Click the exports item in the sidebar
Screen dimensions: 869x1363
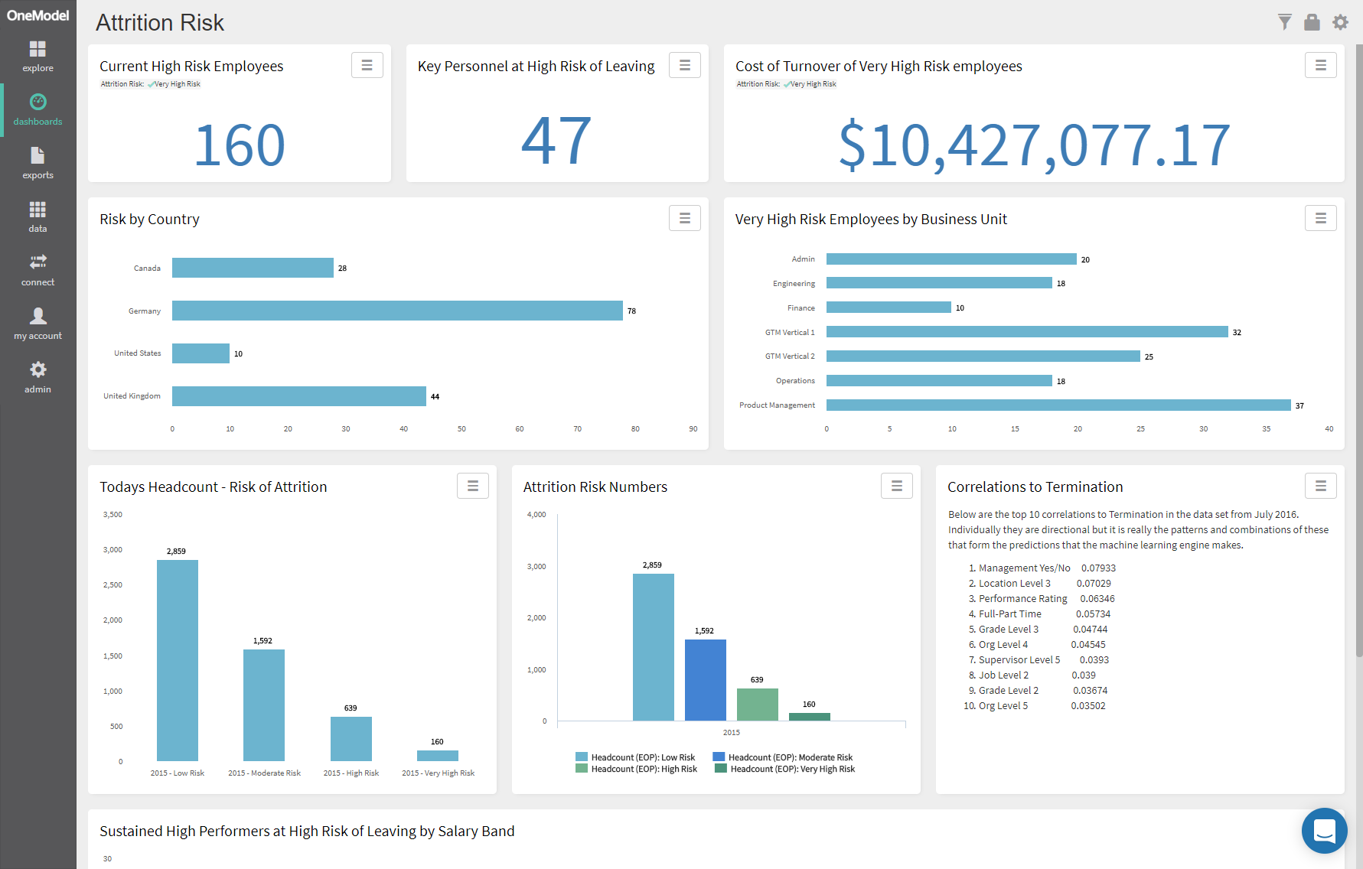click(37, 163)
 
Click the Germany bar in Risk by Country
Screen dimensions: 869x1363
click(397, 311)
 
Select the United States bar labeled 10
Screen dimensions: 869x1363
click(201, 353)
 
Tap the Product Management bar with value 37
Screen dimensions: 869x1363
click(1058, 405)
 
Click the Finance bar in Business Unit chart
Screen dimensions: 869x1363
click(888, 308)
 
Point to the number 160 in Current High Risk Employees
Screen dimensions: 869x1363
click(240, 145)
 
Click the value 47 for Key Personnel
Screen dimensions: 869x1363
click(556, 141)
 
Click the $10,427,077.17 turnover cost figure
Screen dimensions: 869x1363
click(1034, 145)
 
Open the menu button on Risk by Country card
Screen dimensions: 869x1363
click(684, 219)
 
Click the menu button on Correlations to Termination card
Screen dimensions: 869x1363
click(1320, 486)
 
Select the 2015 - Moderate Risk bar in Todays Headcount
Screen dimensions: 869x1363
click(264, 705)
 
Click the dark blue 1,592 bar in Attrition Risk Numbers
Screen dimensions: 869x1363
click(705, 680)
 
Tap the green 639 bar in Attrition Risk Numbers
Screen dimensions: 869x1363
click(757, 705)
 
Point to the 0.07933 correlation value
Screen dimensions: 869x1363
click(1098, 568)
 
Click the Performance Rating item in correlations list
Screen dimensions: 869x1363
click(1022, 599)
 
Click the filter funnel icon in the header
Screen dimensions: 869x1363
click(1284, 22)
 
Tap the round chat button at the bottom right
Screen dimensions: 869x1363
click(1324, 831)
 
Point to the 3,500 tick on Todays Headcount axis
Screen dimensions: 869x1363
click(112, 515)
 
